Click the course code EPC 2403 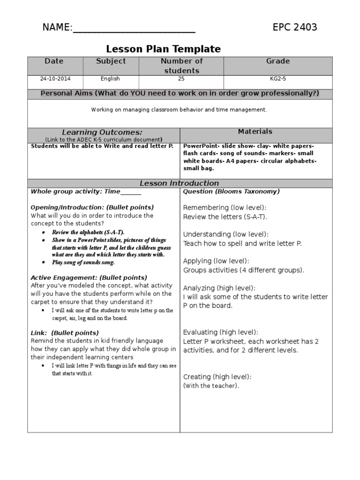pyautogui.click(x=295, y=27)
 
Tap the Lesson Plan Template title pyautogui.click(x=163, y=49)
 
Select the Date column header pyautogui.click(x=54, y=61)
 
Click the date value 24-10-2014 pyautogui.click(x=55, y=79)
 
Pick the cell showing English pyautogui.click(x=110, y=79)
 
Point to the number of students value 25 pyautogui.click(x=181, y=79)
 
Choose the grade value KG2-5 pyautogui.click(x=277, y=79)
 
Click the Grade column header pyautogui.click(x=278, y=61)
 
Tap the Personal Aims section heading pyautogui.click(x=180, y=93)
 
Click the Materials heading pyautogui.click(x=255, y=132)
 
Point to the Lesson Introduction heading pyautogui.click(x=180, y=183)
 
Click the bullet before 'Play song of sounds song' pyautogui.click(x=44, y=262)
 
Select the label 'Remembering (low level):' pyautogui.click(x=225, y=208)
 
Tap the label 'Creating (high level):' pyautogui.click(x=217, y=377)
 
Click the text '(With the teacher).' pyautogui.click(x=211, y=386)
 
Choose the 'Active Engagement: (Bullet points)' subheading pyautogui.click(x=89, y=277)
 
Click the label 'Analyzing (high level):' pyautogui.click(x=219, y=288)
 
